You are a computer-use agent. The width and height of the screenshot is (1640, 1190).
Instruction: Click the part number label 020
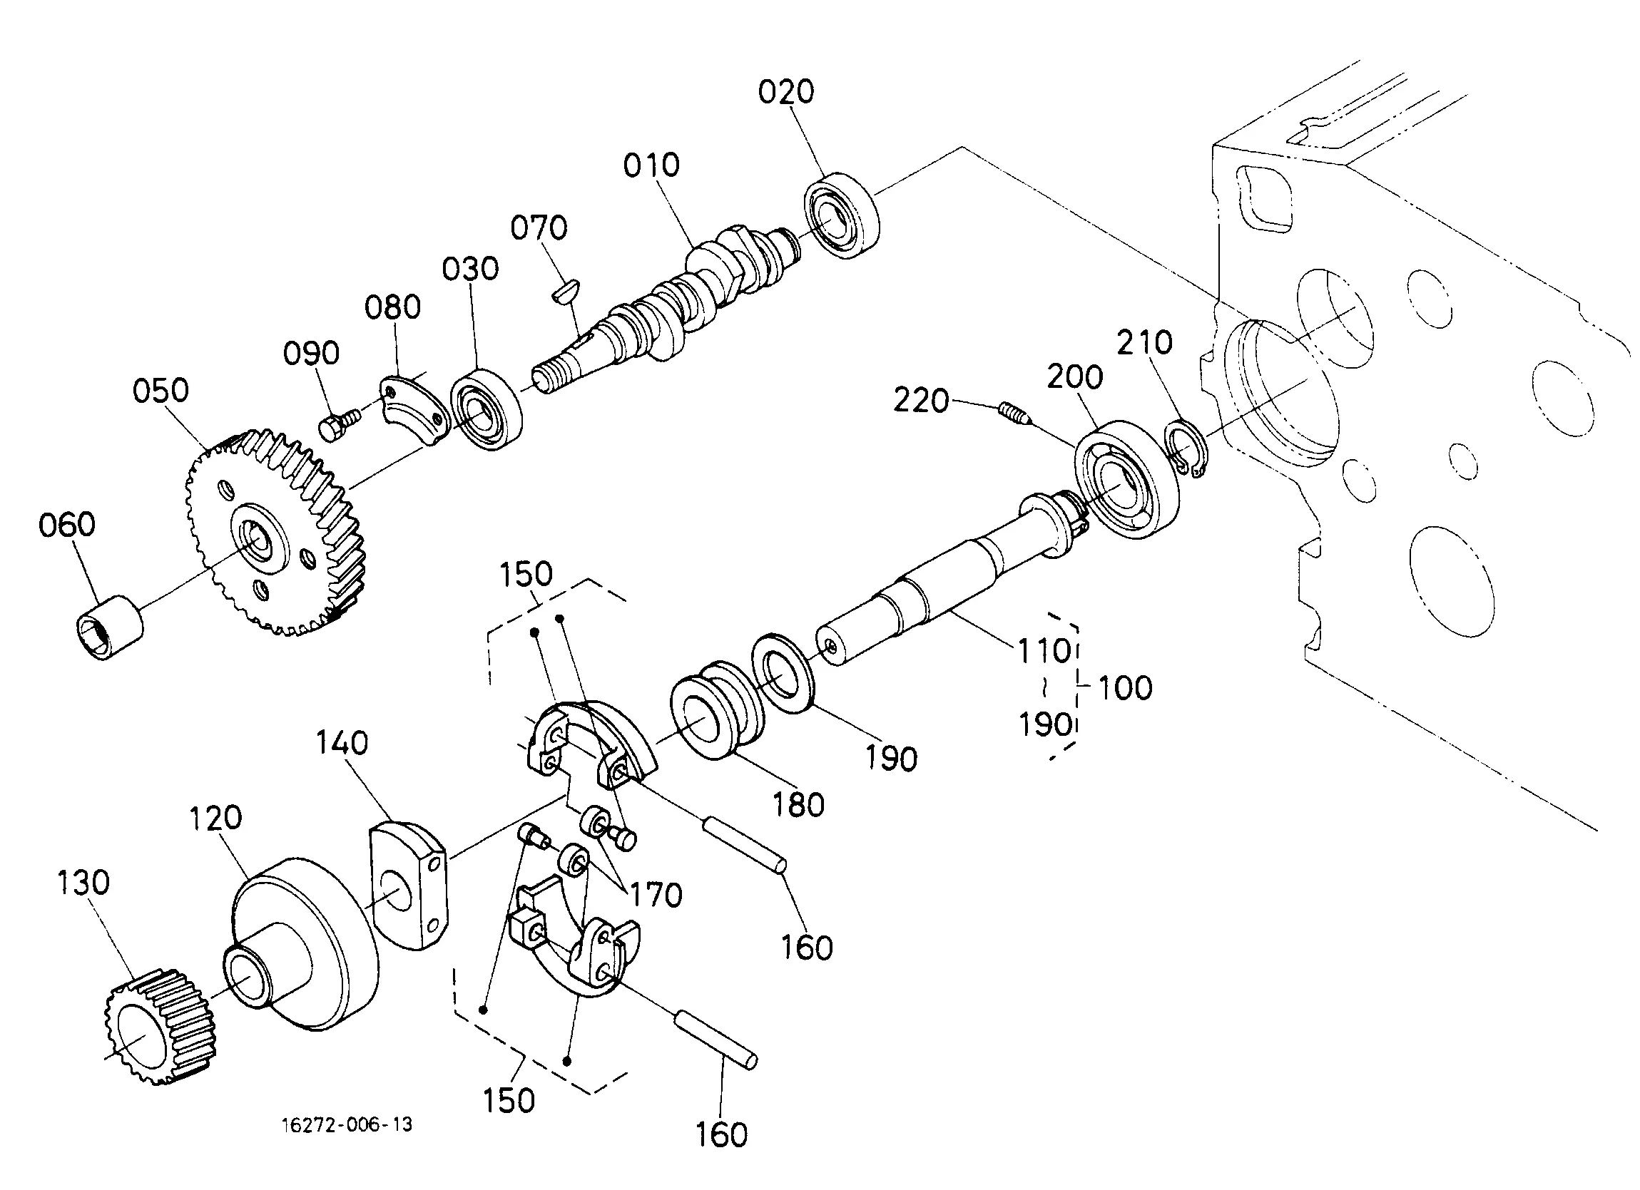coord(786,92)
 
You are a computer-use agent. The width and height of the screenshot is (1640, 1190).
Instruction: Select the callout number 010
coord(651,165)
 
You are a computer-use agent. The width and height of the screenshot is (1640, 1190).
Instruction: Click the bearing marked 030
coord(487,410)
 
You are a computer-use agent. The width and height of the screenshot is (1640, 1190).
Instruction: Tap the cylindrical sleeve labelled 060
coord(109,626)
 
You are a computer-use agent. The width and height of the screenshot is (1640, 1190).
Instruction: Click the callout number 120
coord(215,818)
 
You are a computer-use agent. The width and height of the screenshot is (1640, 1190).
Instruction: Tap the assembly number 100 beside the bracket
coord(1125,687)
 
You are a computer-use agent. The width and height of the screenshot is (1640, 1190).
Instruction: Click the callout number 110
coord(1044,651)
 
